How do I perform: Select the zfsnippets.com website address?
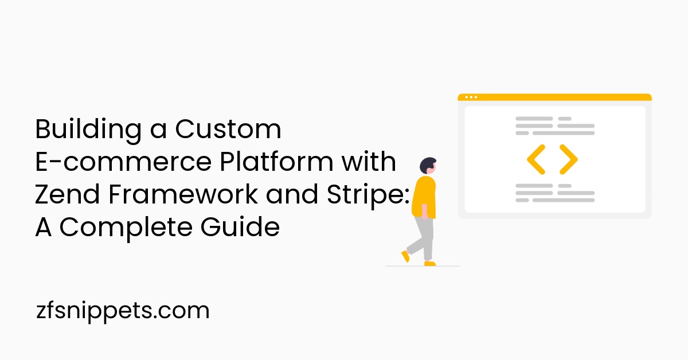click(122, 311)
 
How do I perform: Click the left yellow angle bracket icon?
click(536, 159)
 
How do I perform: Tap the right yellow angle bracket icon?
click(568, 159)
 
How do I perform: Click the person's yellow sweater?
click(424, 197)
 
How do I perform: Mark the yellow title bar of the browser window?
click(554, 97)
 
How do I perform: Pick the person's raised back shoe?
click(405, 256)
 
